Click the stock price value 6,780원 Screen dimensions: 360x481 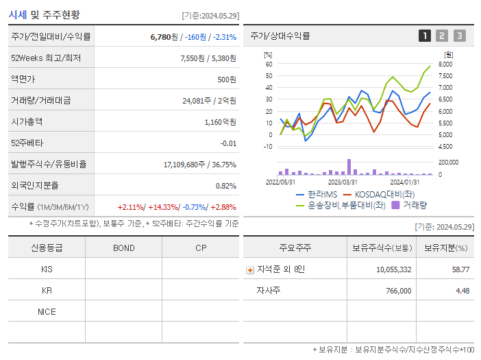click(166, 36)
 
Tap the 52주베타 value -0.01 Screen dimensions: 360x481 click(228, 143)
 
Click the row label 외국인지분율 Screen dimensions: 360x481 click(35, 185)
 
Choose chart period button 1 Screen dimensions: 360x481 click(425, 36)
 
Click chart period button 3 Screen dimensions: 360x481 click(459, 36)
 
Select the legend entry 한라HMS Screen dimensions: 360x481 click(319, 194)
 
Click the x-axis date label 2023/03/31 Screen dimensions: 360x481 click(343, 182)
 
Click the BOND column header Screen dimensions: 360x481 click(123, 248)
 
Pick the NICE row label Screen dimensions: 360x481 click(47, 311)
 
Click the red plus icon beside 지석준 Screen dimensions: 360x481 click(250, 269)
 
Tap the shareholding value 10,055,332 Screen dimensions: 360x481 click(393, 269)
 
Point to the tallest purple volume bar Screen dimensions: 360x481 click(349, 167)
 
